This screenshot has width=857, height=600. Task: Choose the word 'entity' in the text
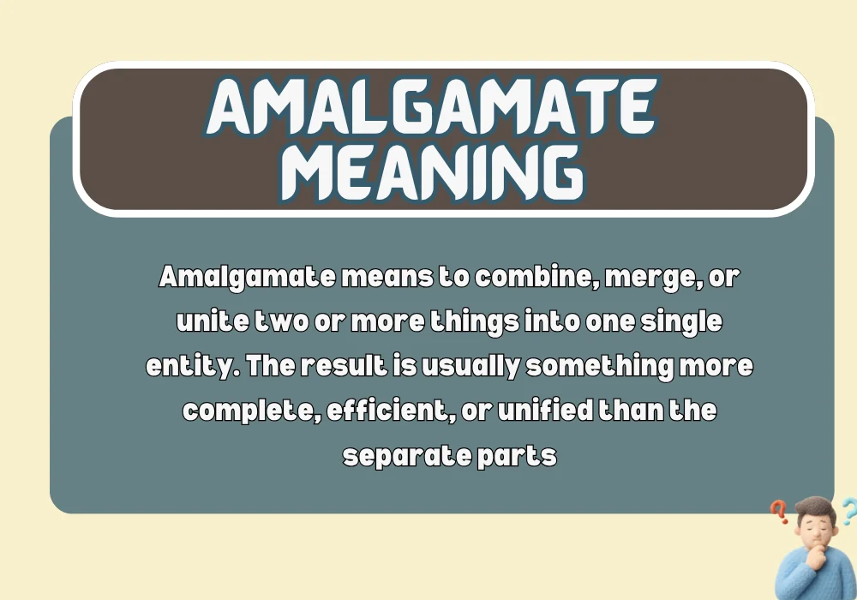(x=189, y=367)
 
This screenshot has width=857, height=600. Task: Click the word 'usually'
(x=474, y=367)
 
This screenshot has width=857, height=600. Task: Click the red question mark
(x=779, y=513)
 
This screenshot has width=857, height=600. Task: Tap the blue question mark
(x=848, y=511)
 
